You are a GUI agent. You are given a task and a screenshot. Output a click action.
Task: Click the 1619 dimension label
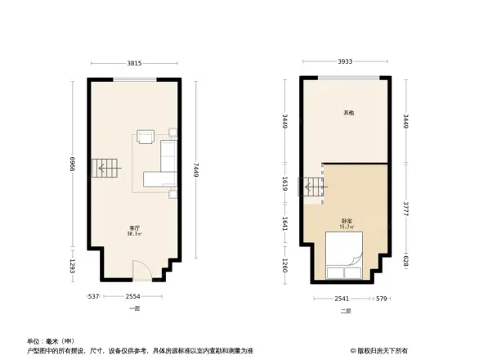(284, 186)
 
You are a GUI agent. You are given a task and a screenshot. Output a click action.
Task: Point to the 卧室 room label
(347, 221)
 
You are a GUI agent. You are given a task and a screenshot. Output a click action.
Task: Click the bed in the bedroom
(344, 259)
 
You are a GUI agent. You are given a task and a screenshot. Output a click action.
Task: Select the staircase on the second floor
(315, 189)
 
